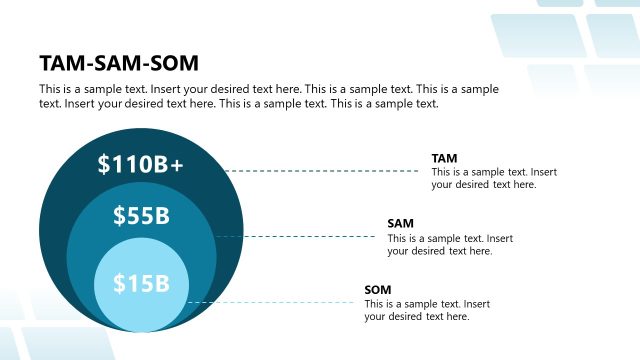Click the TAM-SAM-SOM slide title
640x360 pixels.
pos(119,63)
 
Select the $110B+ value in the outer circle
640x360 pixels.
pos(141,165)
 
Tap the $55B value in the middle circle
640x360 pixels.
pos(141,215)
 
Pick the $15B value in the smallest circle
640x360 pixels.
pos(141,284)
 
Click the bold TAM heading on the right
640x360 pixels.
pos(444,158)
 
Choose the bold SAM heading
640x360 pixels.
pos(400,223)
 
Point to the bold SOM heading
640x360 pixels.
pos(377,289)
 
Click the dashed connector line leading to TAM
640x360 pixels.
pos(320,171)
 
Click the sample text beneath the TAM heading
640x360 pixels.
pos(494,178)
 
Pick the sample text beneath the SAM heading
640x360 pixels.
pos(450,245)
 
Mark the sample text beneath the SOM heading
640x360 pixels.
pos(427,310)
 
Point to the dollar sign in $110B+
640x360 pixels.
pos(104,165)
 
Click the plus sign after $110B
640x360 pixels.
pos(177,166)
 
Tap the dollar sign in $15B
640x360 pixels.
pos(118,284)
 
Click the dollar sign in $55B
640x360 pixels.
pos(119,215)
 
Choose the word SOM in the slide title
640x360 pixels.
pos(176,63)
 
